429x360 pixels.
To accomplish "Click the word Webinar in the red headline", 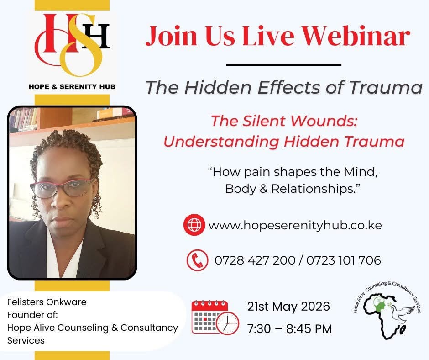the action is coord(356,36).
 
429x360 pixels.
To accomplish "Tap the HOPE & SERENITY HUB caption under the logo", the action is coord(72,87).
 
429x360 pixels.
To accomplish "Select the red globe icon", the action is coord(194,225).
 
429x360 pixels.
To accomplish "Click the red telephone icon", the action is coord(197,260).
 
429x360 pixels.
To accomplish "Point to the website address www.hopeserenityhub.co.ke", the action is coord(295,225).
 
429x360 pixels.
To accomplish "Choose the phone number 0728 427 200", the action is coord(255,260).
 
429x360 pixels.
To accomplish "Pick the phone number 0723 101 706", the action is coord(343,260).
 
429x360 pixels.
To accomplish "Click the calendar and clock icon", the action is coord(215,317).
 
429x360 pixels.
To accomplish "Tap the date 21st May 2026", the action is coord(288,306).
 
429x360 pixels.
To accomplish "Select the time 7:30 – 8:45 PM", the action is coord(289,329).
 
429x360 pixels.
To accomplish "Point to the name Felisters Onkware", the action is coord(47,302).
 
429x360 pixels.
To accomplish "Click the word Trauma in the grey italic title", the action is coord(386,87).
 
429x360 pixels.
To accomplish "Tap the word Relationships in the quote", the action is coord(315,189).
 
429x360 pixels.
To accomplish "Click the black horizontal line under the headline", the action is coord(284,65).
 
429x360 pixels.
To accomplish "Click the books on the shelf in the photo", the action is coord(23,119).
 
